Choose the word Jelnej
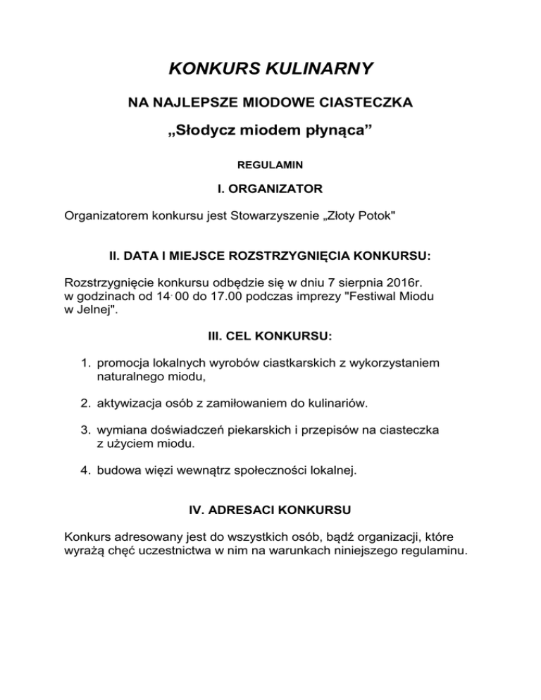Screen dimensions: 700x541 pyautogui.click(x=92, y=311)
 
